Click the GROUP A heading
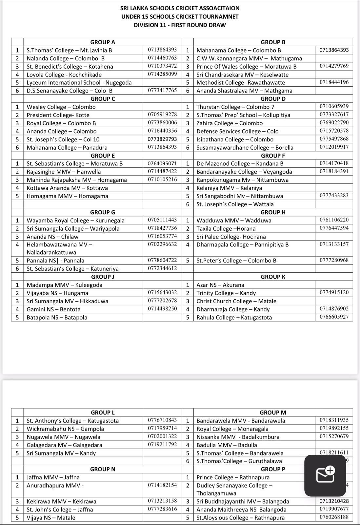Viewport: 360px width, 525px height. pos(103,42)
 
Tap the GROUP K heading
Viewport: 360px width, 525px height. pos(273,277)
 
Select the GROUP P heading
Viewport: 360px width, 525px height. pos(273,469)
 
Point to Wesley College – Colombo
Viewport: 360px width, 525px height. pos(61,107)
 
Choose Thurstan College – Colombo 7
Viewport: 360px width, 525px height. pos(235,107)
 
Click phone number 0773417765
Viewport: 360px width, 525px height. pos(162,91)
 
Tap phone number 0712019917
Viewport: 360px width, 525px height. pos(334,147)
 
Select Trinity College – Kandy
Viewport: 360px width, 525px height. pos(226,293)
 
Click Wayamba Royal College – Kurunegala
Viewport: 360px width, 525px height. pos(75,220)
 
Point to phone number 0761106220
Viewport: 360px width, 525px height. pos(334,220)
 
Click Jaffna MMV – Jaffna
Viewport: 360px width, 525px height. pos(53,477)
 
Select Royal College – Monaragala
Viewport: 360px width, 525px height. pos(232,429)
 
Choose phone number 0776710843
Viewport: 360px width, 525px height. pos(162,420)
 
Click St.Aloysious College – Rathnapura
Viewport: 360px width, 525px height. pos(240,518)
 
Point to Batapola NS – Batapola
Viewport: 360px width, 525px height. pos(57,317)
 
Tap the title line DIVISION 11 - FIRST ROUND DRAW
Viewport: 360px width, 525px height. pos(180,25)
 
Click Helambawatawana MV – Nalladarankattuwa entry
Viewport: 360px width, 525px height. pos(59,248)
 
